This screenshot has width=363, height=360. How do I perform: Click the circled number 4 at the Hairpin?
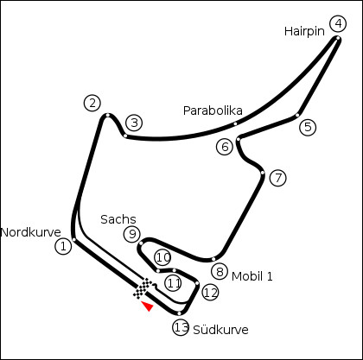338,24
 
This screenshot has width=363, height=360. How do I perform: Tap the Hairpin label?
304,31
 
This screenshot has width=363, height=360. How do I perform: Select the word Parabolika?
213,111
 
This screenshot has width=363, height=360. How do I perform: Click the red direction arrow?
148,306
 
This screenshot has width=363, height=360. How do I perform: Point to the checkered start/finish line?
143,288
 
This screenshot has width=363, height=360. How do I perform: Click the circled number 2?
92,104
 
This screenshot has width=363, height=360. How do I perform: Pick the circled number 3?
134,123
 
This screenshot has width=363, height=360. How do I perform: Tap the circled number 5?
308,127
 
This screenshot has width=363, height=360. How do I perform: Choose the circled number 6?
225,147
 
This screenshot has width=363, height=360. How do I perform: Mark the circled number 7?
278,178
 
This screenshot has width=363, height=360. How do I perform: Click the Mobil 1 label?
252,276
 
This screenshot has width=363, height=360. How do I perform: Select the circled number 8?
220,271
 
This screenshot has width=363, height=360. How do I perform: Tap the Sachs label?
118,219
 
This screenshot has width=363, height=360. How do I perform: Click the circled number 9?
132,234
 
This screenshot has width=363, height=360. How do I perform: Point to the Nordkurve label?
31,232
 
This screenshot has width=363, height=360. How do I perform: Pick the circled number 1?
63,246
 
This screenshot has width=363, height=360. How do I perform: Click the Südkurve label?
220,330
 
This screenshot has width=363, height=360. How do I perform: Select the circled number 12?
211,293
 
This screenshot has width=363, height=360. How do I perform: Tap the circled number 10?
163,257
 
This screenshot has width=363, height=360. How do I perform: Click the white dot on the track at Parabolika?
235,123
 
